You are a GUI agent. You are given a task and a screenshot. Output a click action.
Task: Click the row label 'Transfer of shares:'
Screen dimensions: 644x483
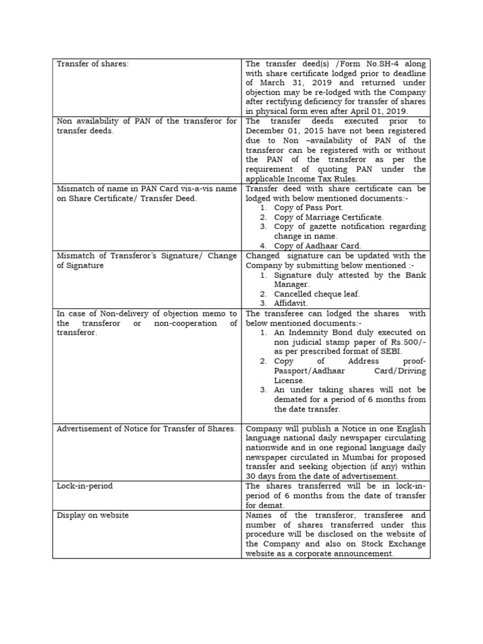pyautogui.click(x=92, y=64)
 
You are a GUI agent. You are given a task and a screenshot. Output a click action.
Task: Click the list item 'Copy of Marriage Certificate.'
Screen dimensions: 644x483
pyautogui.click(x=328, y=217)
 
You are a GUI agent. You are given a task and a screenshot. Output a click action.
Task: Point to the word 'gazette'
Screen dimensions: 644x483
pyautogui.click(x=316, y=226)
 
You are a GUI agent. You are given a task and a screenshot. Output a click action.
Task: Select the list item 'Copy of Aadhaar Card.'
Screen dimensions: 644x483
pyautogui.click(x=317, y=246)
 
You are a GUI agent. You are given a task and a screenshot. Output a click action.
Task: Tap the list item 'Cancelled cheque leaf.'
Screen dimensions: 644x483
pyautogui.click(x=316, y=294)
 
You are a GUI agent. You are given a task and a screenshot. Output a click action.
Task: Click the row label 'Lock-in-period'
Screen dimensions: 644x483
pyautogui.click(x=85, y=486)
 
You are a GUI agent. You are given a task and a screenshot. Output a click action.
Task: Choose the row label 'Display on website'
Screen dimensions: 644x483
pyautogui.click(x=92, y=515)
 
